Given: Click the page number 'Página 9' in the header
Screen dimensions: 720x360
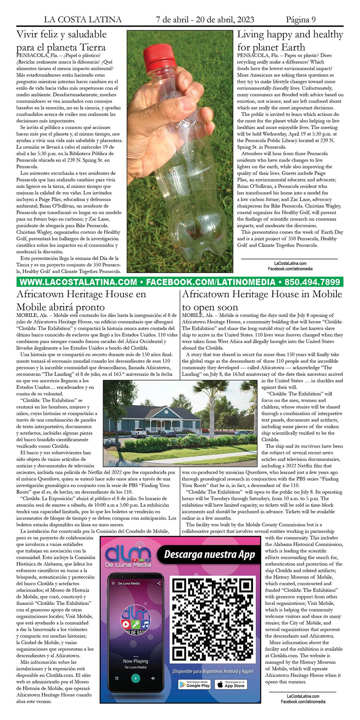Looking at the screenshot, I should point(301,20).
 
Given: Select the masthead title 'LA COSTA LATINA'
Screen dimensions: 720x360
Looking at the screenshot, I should point(83,20).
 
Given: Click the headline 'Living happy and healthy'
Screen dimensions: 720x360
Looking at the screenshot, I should point(290,34).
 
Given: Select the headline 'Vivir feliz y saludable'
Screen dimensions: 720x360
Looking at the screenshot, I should point(62,34).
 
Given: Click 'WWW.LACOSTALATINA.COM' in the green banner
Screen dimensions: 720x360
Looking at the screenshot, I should point(78,282).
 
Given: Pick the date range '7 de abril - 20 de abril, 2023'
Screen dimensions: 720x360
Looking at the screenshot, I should point(205,20).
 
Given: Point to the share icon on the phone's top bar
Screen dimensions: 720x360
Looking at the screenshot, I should point(159,583).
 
